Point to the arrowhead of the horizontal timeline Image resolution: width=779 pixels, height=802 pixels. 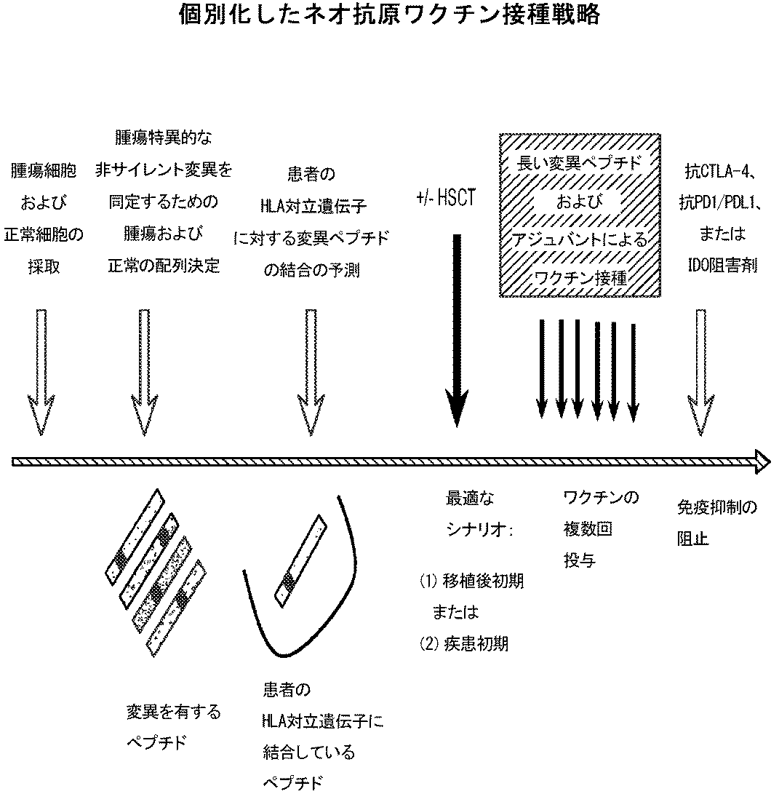click(762, 460)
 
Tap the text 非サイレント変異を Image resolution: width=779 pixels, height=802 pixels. click(164, 170)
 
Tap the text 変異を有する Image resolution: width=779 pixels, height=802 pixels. click(173, 711)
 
